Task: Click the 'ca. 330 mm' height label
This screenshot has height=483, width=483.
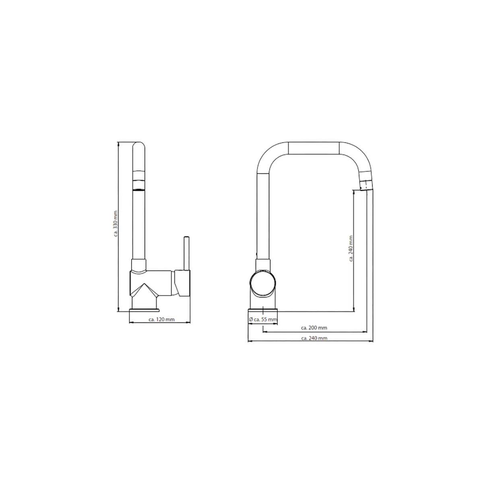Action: coord(115,224)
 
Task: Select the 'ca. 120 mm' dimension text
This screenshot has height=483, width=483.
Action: coord(161,320)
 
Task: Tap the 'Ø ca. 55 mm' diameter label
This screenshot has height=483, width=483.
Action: coord(263,320)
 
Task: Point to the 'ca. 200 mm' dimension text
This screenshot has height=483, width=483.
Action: coord(314,328)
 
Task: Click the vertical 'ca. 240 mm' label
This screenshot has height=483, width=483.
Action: coord(351,248)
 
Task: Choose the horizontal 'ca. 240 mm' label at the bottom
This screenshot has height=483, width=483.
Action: coord(314,338)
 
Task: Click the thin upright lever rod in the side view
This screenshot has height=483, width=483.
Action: coord(186,253)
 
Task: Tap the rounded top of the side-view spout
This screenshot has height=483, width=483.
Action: coord(138,146)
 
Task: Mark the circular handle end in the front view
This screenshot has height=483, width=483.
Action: coord(263,283)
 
